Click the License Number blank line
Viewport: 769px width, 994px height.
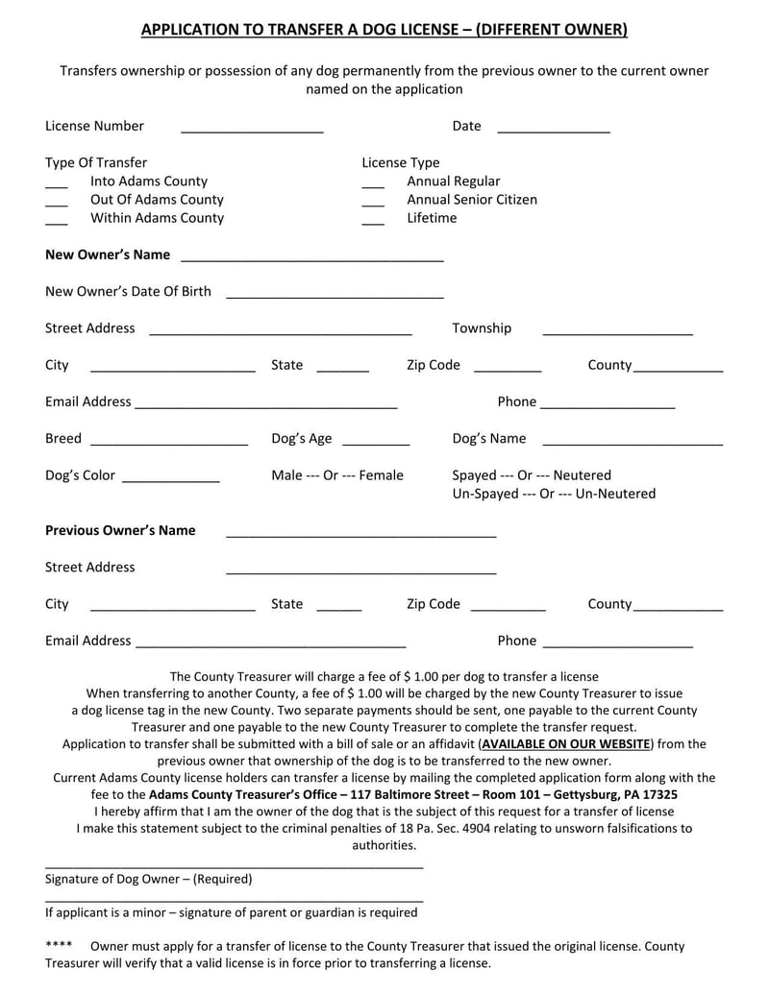tap(252, 128)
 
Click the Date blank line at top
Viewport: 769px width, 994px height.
tap(554, 128)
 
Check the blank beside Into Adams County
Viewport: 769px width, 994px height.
tap(57, 182)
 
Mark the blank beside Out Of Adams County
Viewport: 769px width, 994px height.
tap(57, 201)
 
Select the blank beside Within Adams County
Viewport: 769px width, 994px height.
tap(57, 219)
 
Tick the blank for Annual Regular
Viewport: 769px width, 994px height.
tap(373, 182)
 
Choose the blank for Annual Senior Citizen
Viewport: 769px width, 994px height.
tap(373, 201)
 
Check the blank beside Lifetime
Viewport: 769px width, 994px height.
tap(373, 219)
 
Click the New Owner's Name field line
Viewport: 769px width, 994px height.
tap(312, 256)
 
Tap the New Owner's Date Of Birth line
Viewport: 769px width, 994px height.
tap(335, 293)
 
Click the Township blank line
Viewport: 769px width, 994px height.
tap(617, 329)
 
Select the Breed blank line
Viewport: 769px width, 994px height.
tap(168, 440)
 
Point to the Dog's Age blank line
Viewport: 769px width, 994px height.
tap(376, 440)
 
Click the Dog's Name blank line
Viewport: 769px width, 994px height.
tap(633, 440)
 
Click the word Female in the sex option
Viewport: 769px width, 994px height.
tap(381, 475)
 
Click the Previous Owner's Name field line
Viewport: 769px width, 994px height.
tap(360, 532)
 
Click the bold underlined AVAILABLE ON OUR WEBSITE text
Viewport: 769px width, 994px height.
tap(565, 743)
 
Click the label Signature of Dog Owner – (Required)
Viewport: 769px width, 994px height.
tap(149, 879)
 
